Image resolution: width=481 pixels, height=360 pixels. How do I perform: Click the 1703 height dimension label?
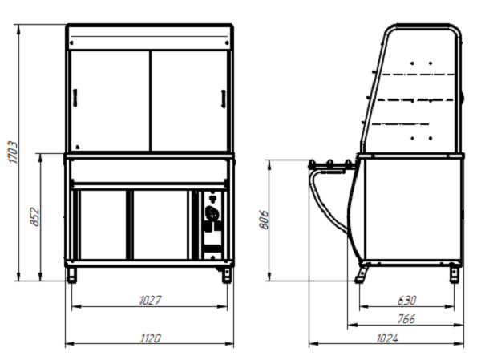point(13,152)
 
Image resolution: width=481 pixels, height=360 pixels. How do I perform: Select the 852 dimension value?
point(35,217)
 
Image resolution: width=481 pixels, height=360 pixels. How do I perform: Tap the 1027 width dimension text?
point(150,300)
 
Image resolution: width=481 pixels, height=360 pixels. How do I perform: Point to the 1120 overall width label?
point(151,338)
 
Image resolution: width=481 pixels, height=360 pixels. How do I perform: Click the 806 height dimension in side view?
point(264,220)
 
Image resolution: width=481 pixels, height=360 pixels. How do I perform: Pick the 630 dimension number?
point(406,300)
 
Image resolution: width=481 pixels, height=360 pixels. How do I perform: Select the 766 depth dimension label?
point(406,319)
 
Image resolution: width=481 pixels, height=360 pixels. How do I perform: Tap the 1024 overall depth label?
point(387,338)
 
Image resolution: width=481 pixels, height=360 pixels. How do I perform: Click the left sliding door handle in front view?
point(75,98)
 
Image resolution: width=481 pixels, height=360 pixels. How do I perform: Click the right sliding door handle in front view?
point(224,99)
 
